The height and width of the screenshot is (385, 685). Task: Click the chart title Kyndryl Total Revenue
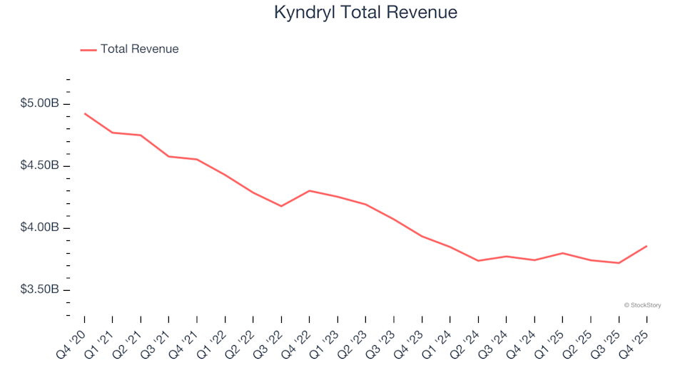coord(365,13)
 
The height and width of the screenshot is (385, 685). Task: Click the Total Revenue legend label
coord(139,49)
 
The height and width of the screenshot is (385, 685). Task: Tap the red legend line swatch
coord(88,50)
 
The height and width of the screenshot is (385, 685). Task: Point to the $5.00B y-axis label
coord(40,104)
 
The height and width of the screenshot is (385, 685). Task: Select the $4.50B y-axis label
coord(40,166)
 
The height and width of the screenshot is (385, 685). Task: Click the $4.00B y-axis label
coord(40,228)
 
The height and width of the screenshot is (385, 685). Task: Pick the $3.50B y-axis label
coord(40,290)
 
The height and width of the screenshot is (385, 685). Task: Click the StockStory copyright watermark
coord(642,305)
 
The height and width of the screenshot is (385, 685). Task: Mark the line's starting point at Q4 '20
coord(85,113)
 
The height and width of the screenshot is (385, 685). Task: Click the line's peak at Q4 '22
coord(310,190)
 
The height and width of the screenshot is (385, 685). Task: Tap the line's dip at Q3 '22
coord(282,206)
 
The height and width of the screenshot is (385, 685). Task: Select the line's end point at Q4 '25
coord(646,246)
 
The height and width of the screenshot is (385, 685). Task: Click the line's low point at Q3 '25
coord(619,263)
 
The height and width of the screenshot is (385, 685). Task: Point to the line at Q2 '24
coord(478,261)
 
